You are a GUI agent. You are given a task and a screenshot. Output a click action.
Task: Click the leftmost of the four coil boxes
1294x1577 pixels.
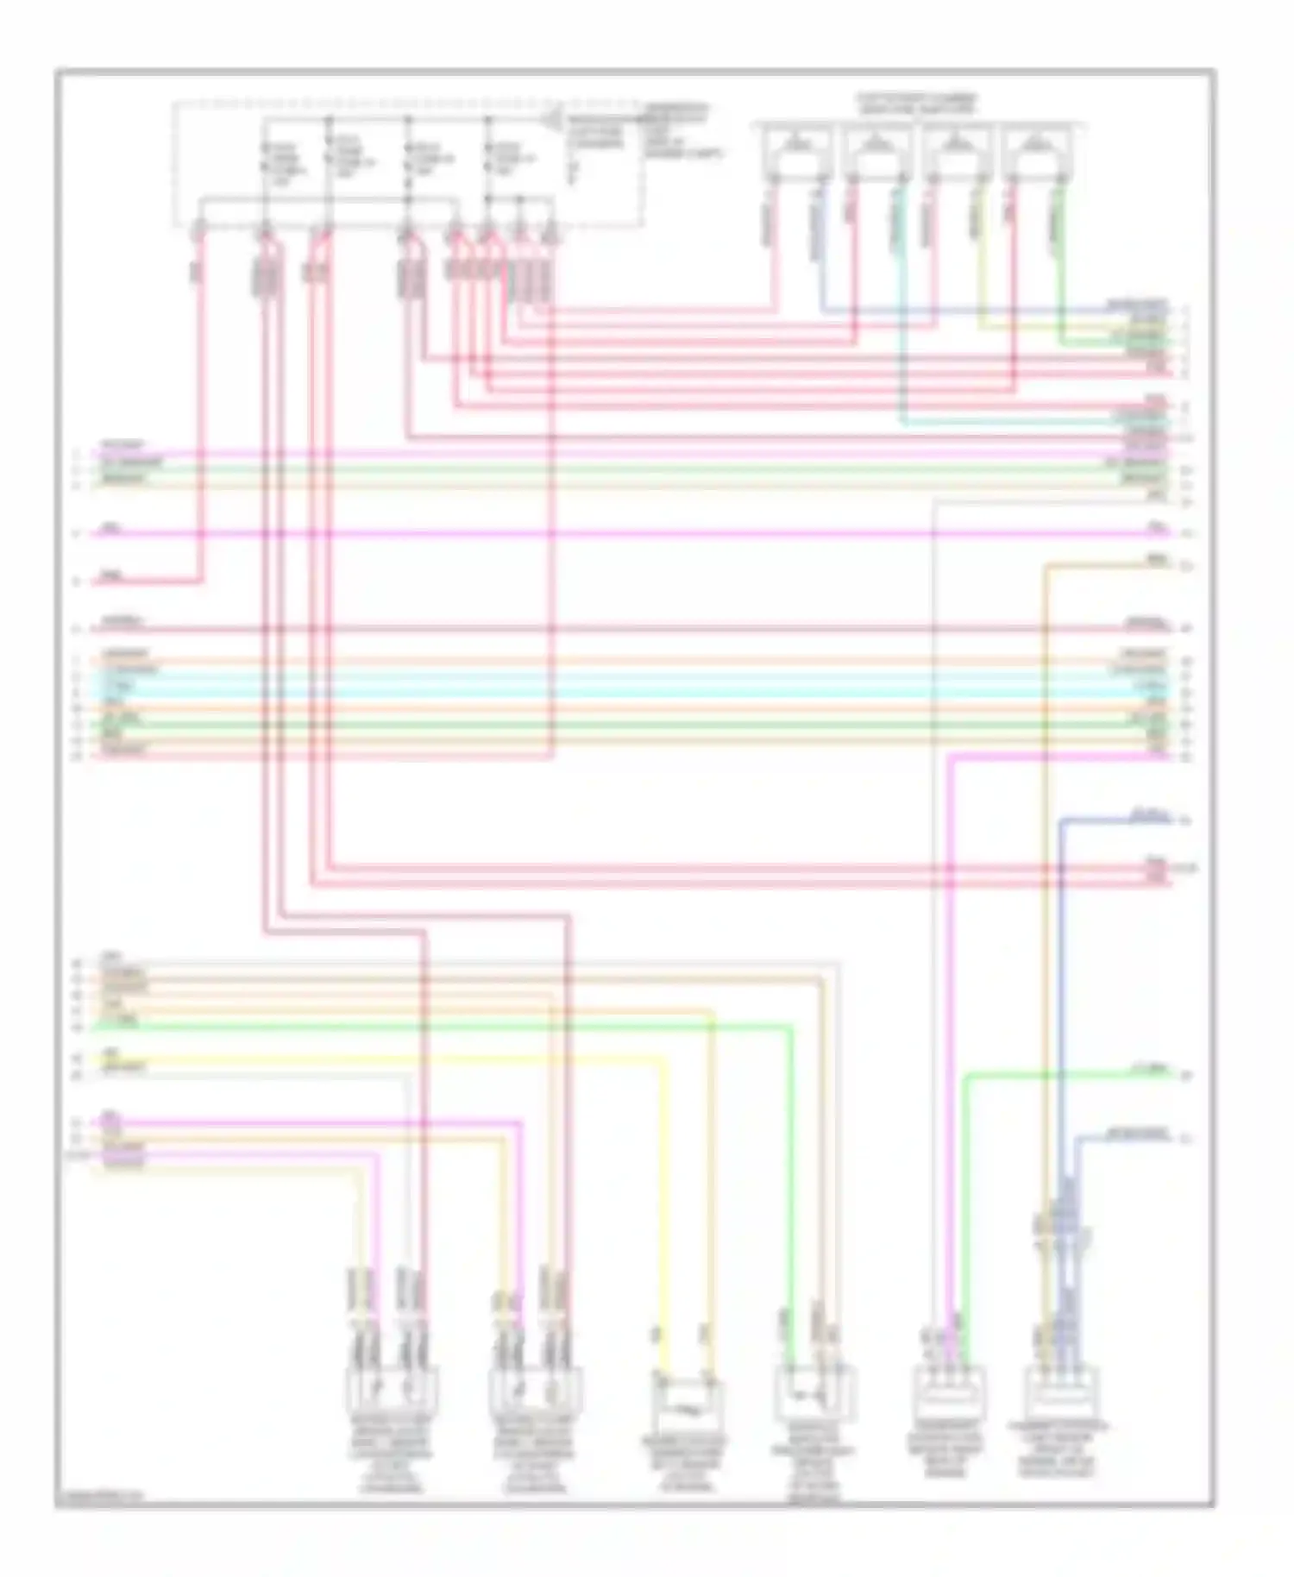797,152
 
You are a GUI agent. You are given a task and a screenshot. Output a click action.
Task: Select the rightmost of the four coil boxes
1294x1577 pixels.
1033,152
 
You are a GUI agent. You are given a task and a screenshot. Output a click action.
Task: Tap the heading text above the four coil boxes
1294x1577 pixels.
916,104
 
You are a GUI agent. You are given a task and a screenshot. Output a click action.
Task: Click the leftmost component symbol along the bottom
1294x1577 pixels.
391,1390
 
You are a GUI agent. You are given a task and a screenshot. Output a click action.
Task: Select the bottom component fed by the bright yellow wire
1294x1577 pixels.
688,1402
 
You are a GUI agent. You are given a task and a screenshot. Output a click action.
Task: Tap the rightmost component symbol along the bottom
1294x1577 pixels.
1061,1390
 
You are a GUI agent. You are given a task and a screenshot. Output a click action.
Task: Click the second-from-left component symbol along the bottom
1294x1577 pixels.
535,1390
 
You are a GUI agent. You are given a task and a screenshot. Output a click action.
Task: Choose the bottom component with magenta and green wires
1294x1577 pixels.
948,1390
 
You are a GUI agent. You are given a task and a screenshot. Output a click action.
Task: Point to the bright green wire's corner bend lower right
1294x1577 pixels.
964,1078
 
